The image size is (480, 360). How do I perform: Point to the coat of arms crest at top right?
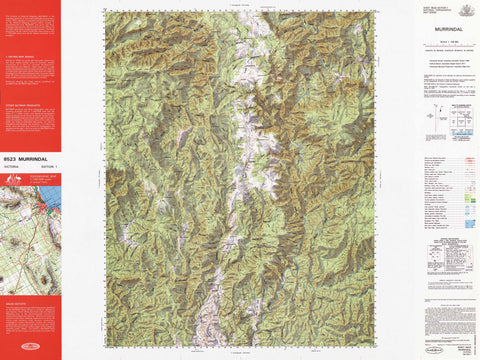tap(462, 9)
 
